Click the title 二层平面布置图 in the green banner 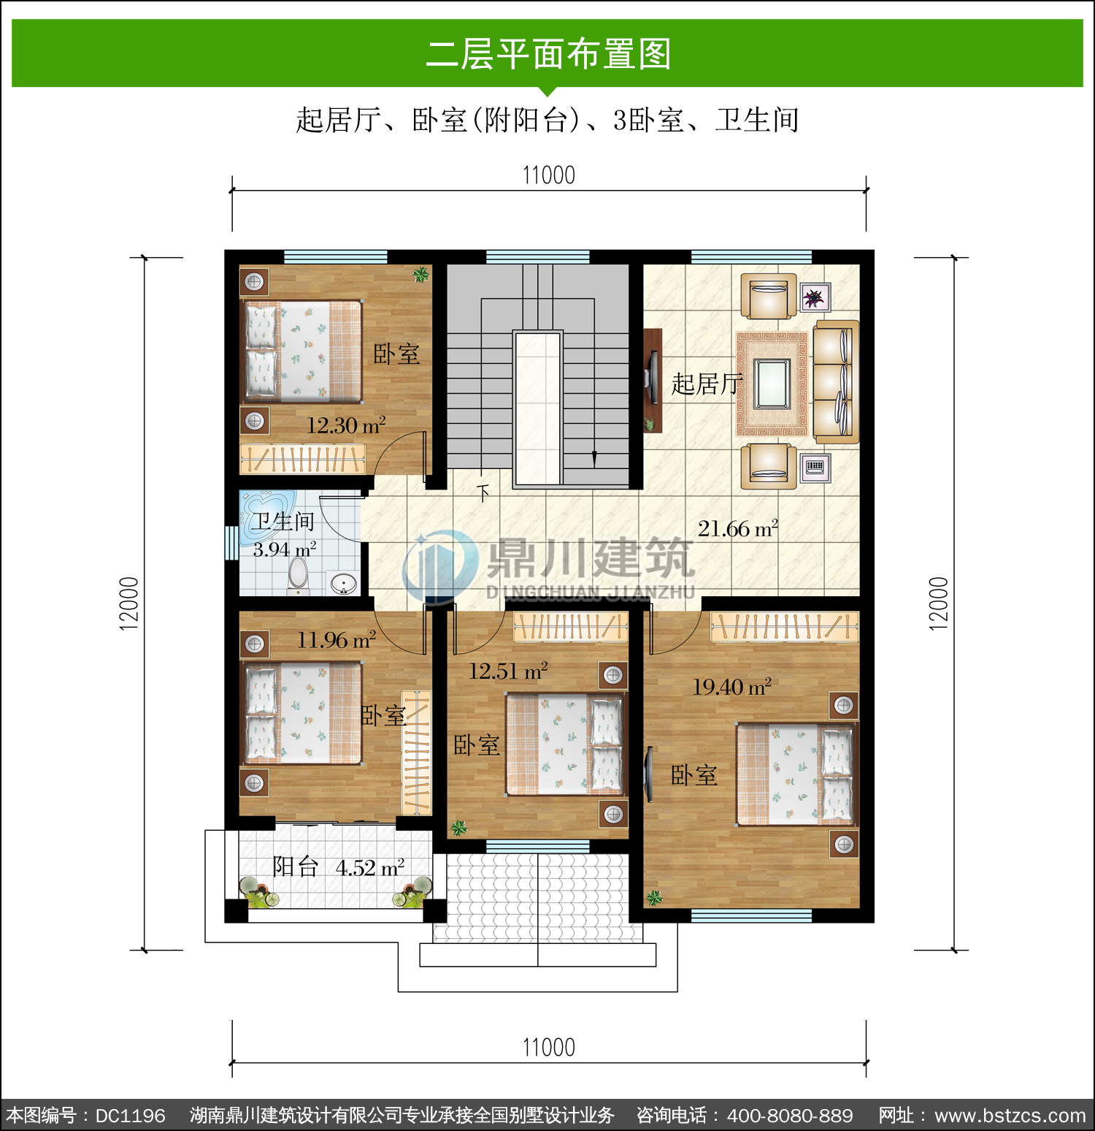[548, 54]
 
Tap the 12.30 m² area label [346, 425]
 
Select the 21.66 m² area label [738, 528]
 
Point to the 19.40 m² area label [731, 687]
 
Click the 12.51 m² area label [508, 671]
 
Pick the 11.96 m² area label [337, 640]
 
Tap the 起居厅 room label [706, 384]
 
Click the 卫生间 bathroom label [283, 521]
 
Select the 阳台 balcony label [296, 867]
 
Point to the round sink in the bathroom [344, 584]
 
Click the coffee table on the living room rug [772, 384]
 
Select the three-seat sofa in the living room [836, 381]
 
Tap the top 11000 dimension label [549, 175]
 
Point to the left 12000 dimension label [128, 603]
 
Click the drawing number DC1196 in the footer [131, 1116]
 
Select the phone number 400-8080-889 [790, 1116]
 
